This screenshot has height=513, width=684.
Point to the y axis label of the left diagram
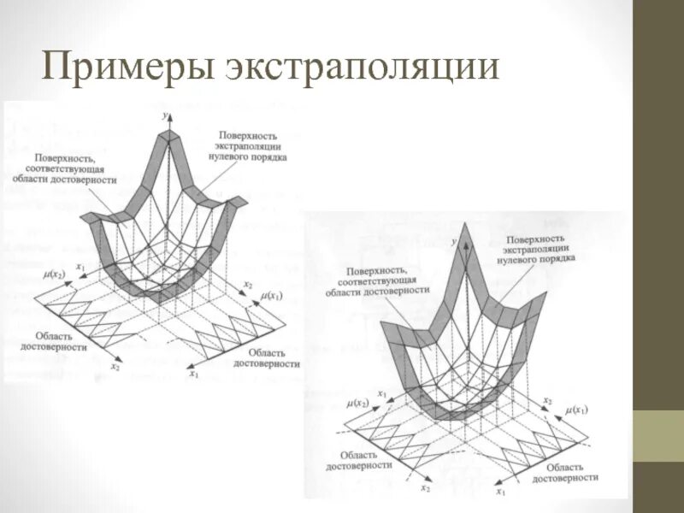[x=164, y=112]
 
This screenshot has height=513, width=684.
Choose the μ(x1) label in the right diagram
[x=578, y=410]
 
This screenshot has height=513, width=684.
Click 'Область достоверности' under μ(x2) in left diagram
[x=62, y=342]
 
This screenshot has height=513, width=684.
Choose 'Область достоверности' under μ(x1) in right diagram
[x=558, y=473]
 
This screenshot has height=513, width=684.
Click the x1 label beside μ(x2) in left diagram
[x=80, y=268]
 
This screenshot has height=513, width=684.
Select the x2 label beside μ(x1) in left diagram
[x=248, y=284]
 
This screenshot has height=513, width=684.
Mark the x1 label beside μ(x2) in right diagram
[x=382, y=394]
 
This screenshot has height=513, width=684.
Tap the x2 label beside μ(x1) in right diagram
[x=548, y=400]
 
